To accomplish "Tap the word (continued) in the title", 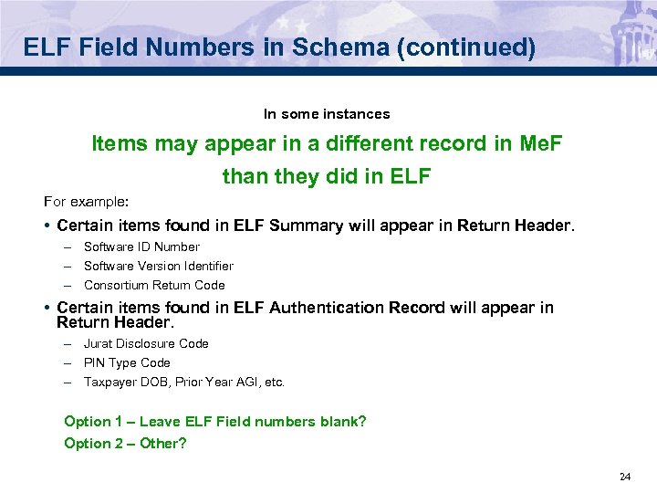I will click(x=475, y=47).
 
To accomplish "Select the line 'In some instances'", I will click(x=327, y=114).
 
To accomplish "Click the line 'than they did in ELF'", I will click(x=327, y=175).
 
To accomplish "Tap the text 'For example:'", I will click(x=87, y=200).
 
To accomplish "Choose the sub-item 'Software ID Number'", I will click(x=141, y=246).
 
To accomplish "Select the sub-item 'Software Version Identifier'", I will click(x=159, y=266).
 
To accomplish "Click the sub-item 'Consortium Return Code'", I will click(x=154, y=285).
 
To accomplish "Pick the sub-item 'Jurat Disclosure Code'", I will click(x=146, y=343).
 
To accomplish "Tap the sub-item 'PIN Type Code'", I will click(x=127, y=362).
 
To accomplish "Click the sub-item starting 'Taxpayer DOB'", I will click(x=184, y=382).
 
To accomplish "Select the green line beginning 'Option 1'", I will click(x=215, y=421).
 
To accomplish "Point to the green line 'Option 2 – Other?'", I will click(x=125, y=443).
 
